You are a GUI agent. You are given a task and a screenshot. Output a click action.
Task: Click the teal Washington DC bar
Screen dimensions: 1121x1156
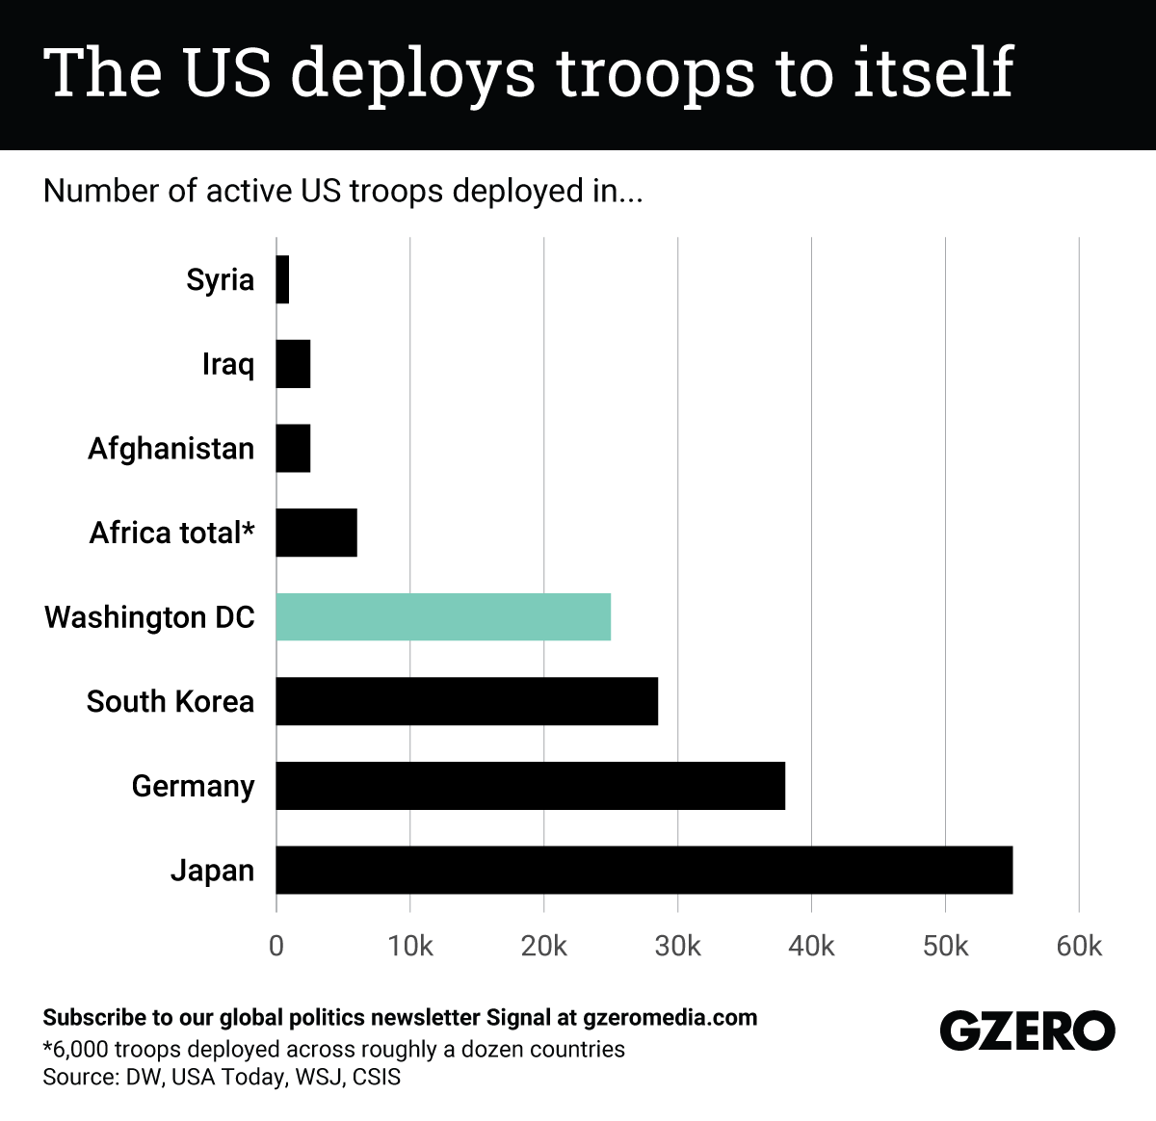click(443, 617)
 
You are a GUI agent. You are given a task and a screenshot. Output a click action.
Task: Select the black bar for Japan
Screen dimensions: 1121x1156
click(644, 870)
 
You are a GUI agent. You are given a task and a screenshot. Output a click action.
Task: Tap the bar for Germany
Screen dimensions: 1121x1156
click(530, 786)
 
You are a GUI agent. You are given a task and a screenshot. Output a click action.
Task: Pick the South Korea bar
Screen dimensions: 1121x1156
click(466, 701)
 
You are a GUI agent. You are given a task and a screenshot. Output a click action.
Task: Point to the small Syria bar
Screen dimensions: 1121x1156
click(282, 279)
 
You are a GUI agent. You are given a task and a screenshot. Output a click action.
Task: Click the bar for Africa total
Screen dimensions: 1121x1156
click(316, 533)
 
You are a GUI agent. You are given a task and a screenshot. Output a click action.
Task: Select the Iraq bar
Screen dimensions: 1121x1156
click(293, 364)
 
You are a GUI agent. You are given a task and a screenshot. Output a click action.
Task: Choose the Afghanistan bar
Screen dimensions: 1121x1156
click(293, 449)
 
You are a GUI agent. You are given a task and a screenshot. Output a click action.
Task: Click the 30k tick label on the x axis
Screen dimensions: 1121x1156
click(677, 946)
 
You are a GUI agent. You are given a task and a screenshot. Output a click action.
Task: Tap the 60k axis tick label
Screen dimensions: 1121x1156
click(1078, 946)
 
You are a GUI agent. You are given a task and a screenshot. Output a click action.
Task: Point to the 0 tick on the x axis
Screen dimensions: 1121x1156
click(276, 946)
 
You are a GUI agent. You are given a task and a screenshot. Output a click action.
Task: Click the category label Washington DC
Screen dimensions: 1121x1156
click(149, 617)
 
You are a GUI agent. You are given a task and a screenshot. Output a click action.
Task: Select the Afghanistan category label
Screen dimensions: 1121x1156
click(171, 449)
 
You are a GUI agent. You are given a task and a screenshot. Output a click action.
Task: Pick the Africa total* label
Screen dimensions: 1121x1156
click(171, 533)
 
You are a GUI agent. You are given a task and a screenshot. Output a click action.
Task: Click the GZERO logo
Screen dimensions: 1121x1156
click(1027, 1031)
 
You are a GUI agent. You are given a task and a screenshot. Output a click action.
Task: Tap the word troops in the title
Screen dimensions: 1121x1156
click(656, 73)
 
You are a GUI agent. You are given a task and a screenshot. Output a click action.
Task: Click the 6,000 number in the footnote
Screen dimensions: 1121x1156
click(80, 1049)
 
